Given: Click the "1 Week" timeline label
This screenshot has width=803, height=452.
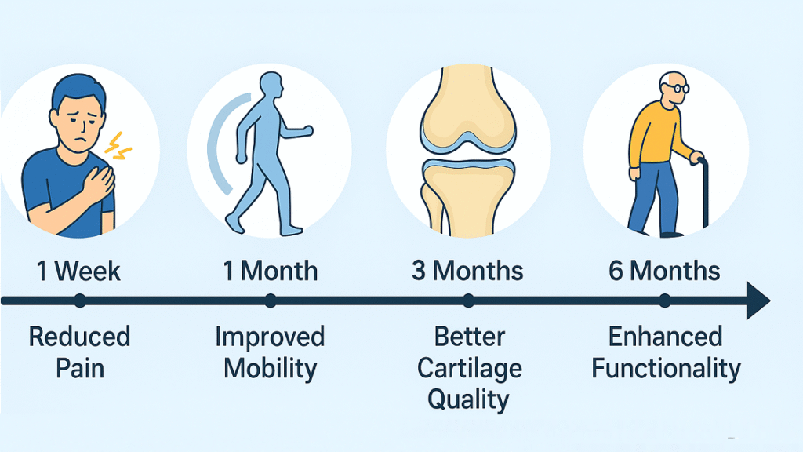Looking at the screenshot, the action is [78, 271].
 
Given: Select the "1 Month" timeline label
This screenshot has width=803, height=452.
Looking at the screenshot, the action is [271, 271].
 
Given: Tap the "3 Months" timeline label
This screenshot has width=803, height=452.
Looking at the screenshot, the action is [467, 271].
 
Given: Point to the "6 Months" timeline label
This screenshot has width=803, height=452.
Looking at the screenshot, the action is [664, 271].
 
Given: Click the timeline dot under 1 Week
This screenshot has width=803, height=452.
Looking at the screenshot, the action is [80, 301].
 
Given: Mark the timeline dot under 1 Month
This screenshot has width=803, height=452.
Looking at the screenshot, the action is [271, 301].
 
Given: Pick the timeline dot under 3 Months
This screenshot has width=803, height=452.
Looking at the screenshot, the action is [468, 301].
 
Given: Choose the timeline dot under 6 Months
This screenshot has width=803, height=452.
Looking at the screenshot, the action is [665, 301].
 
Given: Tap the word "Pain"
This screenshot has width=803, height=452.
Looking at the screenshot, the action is [80, 369].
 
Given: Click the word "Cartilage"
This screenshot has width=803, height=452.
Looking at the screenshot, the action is [470, 370].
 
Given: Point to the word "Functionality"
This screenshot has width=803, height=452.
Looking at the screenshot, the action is [666, 370].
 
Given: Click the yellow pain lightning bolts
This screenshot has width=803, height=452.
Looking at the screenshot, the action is [118, 146].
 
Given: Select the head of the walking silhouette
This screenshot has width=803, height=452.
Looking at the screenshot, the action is [271, 84].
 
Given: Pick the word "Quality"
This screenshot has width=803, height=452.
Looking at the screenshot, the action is [468, 400].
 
